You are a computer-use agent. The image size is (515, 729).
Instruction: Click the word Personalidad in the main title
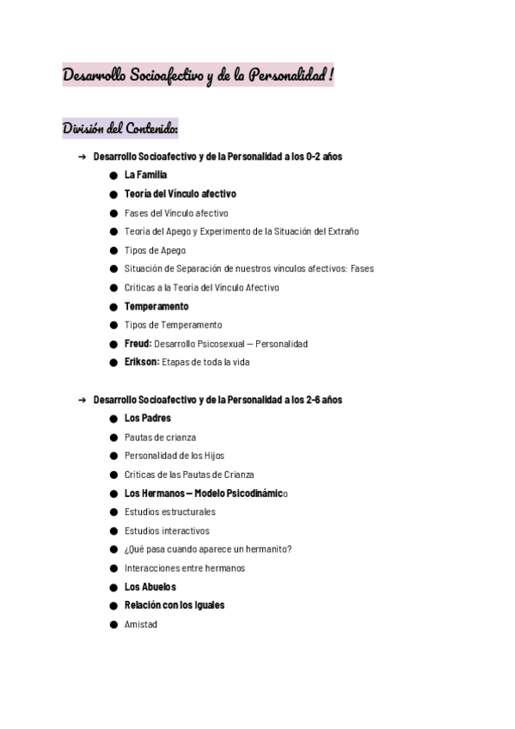click(x=286, y=77)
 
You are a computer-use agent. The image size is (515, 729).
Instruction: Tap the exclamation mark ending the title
click(x=332, y=77)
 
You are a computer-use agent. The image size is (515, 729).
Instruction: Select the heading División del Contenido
click(x=120, y=129)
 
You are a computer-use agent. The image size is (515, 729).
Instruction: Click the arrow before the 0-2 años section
click(x=82, y=157)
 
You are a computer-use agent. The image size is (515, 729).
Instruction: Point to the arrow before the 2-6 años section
click(x=82, y=400)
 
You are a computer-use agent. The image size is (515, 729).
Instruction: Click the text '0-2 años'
click(x=324, y=157)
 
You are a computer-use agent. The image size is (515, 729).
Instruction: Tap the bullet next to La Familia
click(x=113, y=175)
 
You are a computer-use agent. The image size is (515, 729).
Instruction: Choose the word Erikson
click(x=141, y=362)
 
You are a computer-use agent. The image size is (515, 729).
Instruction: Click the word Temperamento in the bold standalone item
click(x=156, y=306)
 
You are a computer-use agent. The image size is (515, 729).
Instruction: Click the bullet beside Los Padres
click(x=113, y=419)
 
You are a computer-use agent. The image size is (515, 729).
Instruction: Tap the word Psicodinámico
click(x=254, y=493)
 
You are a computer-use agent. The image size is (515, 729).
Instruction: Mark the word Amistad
click(x=141, y=625)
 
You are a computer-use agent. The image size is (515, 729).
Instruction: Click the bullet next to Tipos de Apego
click(x=113, y=250)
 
